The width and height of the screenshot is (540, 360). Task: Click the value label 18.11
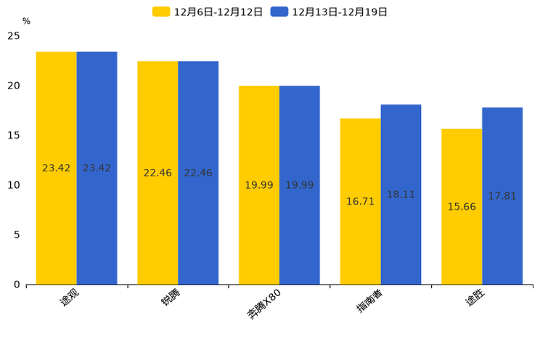tap(401, 195)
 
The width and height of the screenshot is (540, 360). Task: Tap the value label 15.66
tap(462, 207)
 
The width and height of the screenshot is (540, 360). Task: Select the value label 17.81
tap(502, 196)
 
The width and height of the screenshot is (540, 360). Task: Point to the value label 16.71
tap(360, 201)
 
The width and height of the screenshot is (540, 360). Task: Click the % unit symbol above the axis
tap(26, 21)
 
